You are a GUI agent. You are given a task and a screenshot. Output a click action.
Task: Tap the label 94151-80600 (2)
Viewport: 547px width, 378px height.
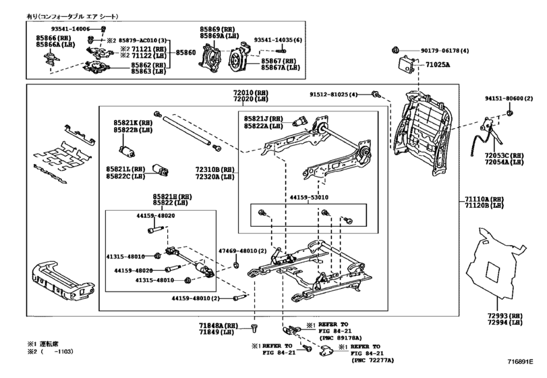pyautogui.click(x=503, y=99)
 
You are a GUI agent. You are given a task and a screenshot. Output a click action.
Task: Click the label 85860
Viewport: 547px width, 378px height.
pyautogui.click(x=186, y=52)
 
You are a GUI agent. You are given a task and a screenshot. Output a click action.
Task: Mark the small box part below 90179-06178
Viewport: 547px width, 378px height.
pyautogui.click(x=406, y=65)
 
